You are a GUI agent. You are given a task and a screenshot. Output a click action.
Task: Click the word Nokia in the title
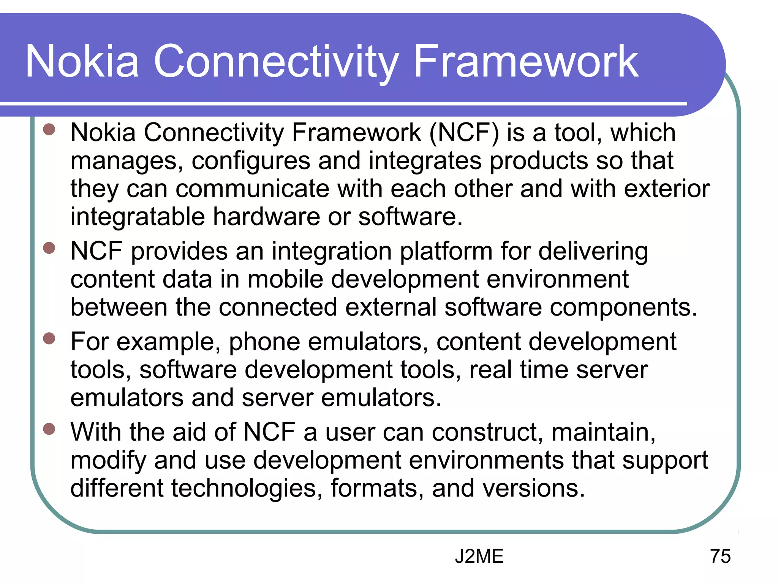coord(82,62)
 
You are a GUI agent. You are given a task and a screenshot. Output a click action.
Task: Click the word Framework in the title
coord(526,62)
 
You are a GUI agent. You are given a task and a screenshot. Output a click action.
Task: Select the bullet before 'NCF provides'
coord(49,248)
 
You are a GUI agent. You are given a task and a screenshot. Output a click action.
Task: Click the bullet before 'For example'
coord(49,338)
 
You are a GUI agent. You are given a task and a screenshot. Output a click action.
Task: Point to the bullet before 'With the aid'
coord(49,429)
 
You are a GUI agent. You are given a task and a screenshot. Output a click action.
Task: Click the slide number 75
coord(720,556)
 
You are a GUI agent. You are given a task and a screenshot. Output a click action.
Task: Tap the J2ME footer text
coord(479,556)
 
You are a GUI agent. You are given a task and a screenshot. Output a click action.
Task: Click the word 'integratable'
coord(137,217)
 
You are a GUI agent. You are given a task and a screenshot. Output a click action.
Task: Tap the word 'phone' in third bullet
coord(264,342)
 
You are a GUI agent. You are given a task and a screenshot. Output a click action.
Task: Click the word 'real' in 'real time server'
coord(490,370)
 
